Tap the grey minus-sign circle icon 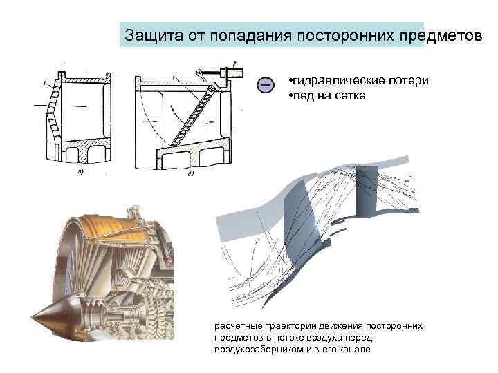(264, 85)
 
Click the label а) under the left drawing (81, 172)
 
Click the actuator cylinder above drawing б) (232, 71)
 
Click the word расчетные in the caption (237, 325)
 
